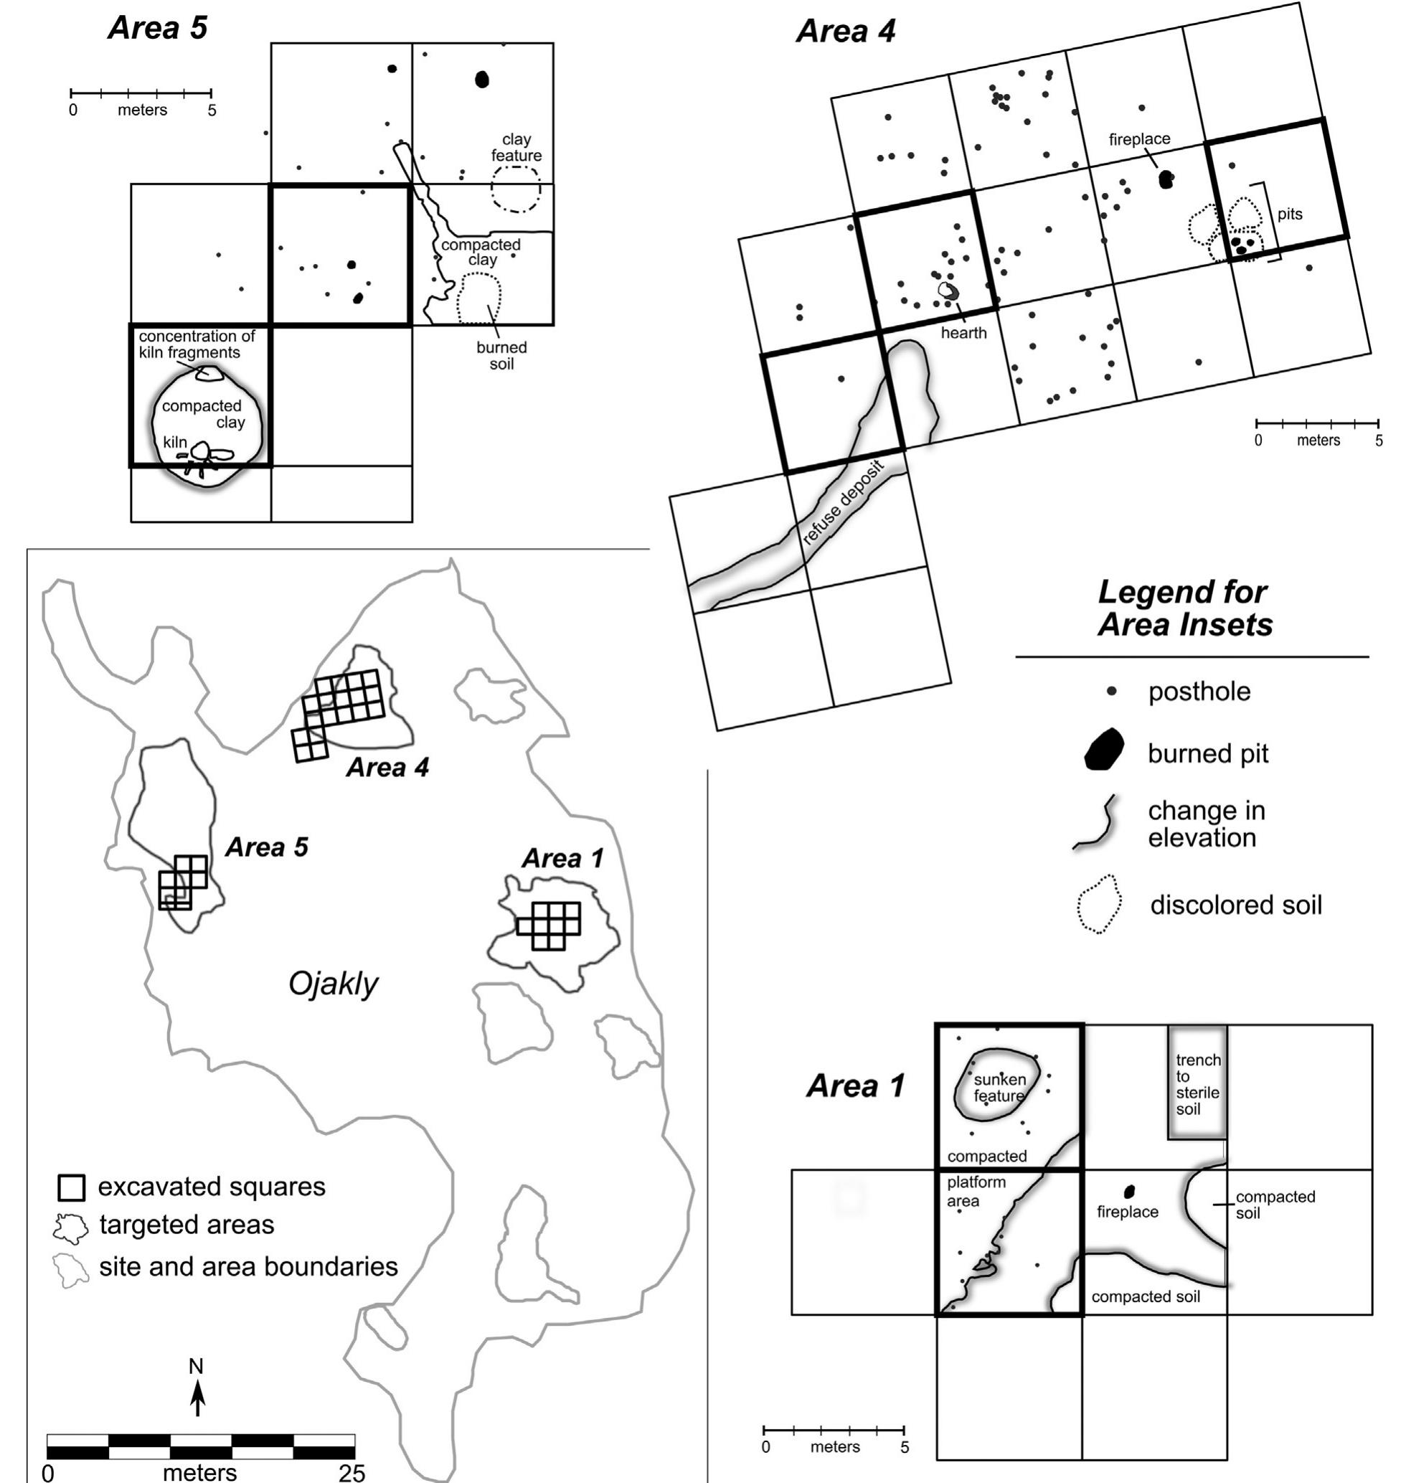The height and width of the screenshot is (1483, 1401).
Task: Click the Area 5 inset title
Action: [158, 28]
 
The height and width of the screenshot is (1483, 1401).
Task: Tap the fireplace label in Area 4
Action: [1139, 139]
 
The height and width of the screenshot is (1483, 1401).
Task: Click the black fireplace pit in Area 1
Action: [1129, 1191]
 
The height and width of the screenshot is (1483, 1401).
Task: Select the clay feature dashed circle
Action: [515, 189]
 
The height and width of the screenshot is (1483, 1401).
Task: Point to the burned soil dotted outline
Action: [478, 298]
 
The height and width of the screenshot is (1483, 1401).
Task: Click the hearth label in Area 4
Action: [963, 333]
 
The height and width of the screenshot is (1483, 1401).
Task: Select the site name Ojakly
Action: [333, 984]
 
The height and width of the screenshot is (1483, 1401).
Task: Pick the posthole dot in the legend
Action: [1111, 692]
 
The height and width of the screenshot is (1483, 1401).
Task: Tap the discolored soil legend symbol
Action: [1098, 904]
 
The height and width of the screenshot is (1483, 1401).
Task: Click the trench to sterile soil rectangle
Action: [1197, 1082]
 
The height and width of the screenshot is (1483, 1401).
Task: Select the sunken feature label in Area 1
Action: [999, 1088]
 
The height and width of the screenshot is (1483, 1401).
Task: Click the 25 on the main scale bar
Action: [351, 1472]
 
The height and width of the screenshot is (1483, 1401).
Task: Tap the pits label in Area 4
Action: [1289, 215]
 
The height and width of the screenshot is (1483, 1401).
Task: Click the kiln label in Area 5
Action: [175, 442]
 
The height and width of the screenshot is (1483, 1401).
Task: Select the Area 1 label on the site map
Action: [562, 858]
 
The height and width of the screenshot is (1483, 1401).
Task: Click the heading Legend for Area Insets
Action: [1184, 608]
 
